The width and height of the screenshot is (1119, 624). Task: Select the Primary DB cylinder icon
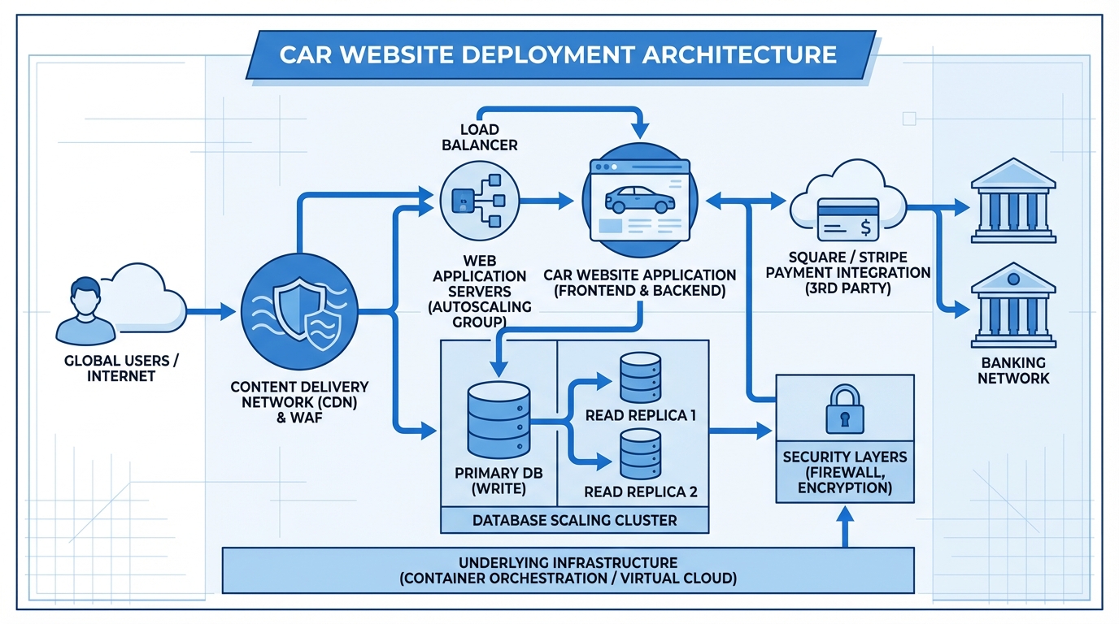(499, 420)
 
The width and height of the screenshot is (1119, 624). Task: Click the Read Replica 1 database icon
(640, 377)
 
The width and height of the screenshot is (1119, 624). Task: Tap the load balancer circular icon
(472, 201)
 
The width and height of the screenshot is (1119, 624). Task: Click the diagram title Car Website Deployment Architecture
(558, 54)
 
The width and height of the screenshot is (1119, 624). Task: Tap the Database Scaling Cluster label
(574, 520)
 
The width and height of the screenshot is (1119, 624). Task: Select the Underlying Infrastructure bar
(568, 570)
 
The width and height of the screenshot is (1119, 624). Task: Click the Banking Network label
(1012, 370)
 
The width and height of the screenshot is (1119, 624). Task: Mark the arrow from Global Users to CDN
(211, 311)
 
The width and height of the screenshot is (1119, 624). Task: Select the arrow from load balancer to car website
(555, 201)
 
